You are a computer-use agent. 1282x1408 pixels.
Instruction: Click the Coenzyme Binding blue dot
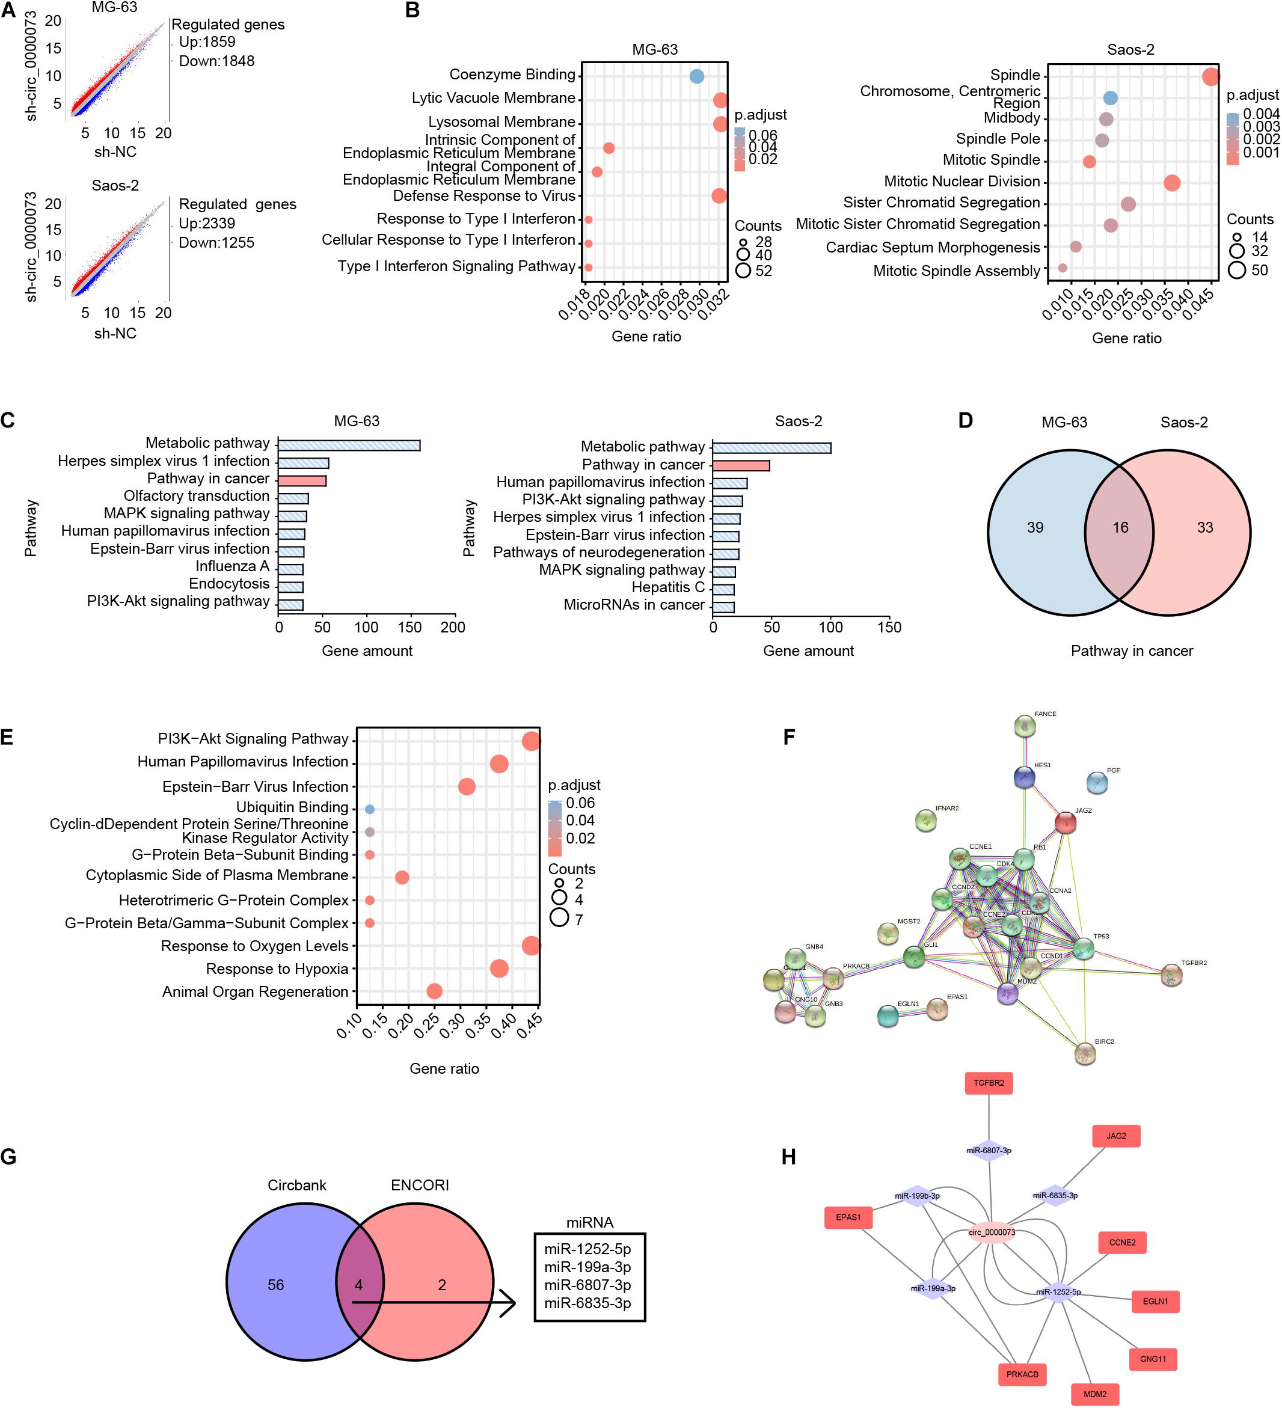[696, 76]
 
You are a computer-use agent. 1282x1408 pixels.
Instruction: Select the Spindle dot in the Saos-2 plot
[1210, 76]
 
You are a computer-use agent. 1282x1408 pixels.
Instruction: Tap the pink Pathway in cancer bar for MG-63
[302, 480]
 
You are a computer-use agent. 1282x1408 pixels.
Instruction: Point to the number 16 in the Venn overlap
[1120, 527]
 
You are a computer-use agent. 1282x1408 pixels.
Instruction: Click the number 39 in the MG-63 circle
[1035, 527]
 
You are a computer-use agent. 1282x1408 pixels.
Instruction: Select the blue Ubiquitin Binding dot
[370, 809]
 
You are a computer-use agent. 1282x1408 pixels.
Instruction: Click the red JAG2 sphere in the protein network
[1065, 822]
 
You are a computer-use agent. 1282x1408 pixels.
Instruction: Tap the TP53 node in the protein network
[1082, 949]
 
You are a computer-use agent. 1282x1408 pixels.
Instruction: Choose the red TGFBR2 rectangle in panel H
[989, 1083]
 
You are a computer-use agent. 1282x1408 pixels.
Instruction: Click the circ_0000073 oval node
[992, 1232]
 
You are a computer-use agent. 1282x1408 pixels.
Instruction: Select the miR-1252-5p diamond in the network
[1058, 1291]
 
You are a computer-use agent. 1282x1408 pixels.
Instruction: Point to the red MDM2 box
[1095, 1394]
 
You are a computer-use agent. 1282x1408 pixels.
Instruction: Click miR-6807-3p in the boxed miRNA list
[587, 1285]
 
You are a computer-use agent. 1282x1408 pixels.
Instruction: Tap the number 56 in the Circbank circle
[275, 1285]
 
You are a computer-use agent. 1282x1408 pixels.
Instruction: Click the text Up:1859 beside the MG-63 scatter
[207, 42]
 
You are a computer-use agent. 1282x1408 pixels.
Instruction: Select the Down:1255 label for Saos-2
[216, 242]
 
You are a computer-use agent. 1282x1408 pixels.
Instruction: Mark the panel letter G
[8, 1157]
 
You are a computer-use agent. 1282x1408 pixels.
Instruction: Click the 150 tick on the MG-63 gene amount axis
[409, 627]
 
